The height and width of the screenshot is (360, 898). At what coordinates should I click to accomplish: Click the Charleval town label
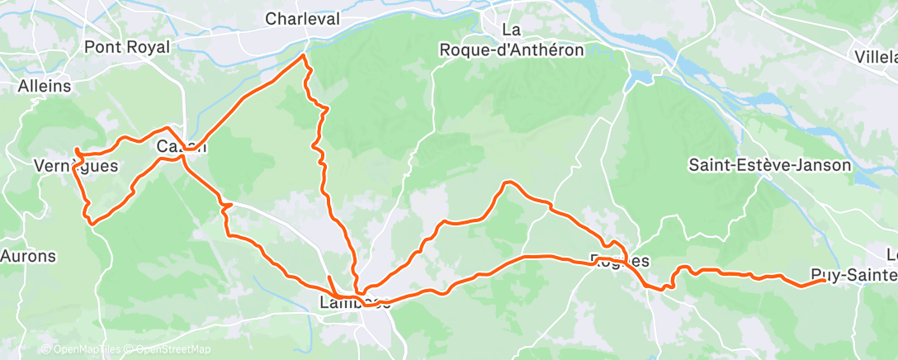(302, 18)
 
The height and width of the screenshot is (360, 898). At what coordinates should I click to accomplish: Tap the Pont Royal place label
(127, 47)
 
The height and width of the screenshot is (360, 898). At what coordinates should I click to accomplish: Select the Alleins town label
(44, 86)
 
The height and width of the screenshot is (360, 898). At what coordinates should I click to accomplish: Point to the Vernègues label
(76, 165)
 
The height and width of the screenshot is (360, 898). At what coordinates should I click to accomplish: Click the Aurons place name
(28, 256)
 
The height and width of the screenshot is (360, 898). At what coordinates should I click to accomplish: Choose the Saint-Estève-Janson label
(769, 165)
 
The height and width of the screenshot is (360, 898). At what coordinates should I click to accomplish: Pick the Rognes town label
(620, 260)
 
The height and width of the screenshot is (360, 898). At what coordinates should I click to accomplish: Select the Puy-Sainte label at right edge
(853, 274)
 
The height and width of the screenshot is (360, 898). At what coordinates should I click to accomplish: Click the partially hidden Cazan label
(181, 147)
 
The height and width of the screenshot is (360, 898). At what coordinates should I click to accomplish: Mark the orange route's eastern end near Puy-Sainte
(824, 281)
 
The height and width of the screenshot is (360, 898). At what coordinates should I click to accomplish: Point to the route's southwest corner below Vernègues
(90, 222)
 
